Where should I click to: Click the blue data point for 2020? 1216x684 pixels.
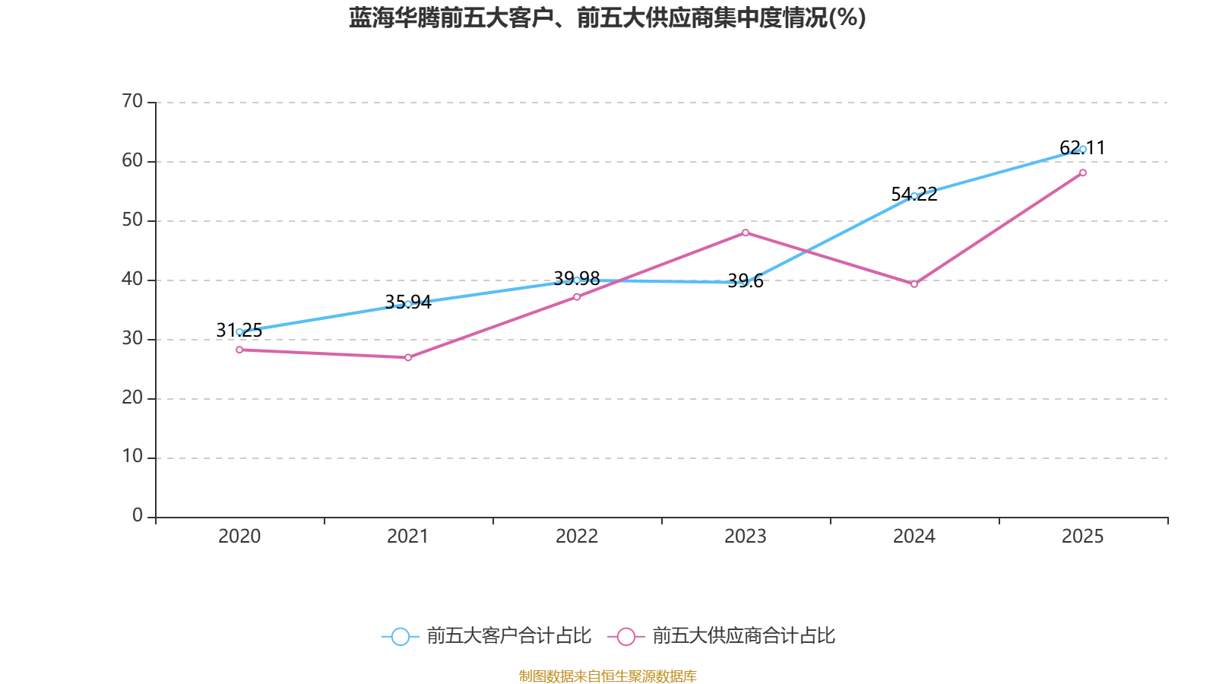(x=239, y=331)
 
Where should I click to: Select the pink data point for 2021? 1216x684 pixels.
(x=408, y=357)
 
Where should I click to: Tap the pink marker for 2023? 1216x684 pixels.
(x=746, y=233)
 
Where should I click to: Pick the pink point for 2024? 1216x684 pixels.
(x=914, y=284)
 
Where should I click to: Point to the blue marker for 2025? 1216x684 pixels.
(x=1083, y=149)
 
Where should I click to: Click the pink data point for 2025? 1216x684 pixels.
(x=1083, y=173)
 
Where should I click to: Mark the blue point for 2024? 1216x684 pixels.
(x=914, y=195)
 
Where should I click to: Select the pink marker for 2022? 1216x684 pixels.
(x=577, y=296)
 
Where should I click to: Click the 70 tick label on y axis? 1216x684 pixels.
(x=132, y=101)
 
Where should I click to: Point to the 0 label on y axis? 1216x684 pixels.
(x=138, y=516)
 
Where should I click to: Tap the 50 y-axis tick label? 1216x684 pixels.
(x=132, y=220)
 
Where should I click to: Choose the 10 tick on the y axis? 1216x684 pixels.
(x=132, y=457)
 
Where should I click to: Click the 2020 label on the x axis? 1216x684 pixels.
(x=239, y=537)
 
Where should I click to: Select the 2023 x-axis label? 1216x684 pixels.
(x=746, y=537)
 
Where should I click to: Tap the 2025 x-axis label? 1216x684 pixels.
(x=1083, y=537)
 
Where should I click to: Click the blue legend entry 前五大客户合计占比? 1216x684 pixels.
(x=486, y=636)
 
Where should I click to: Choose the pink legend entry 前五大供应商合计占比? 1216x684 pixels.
(x=722, y=636)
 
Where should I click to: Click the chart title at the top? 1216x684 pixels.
(x=607, y=17)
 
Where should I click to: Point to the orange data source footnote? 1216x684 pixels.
(x=607, y=676)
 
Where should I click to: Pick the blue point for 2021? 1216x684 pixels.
(x=408, y=304)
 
